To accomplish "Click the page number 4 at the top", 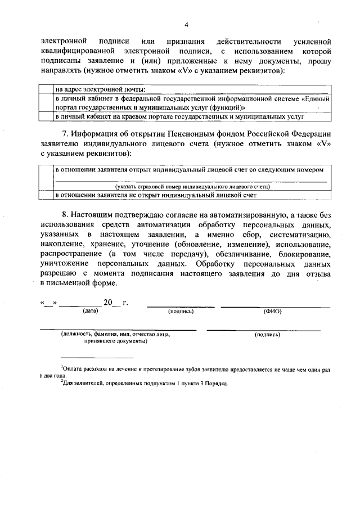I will tap(186, 25).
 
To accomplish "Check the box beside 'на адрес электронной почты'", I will tap(46, 89).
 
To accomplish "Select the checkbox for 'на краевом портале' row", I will tap(46, 116).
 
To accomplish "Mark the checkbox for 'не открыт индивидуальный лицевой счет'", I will tap(46, 195).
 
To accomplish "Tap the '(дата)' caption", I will tap(91, 310).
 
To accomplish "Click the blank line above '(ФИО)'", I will tap(275, 306).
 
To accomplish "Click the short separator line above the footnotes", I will tap(97, 358).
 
